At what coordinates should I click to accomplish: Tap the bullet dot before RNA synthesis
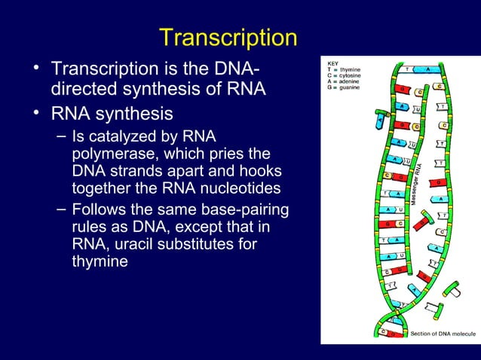35,114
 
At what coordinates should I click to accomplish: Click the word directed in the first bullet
81,90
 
